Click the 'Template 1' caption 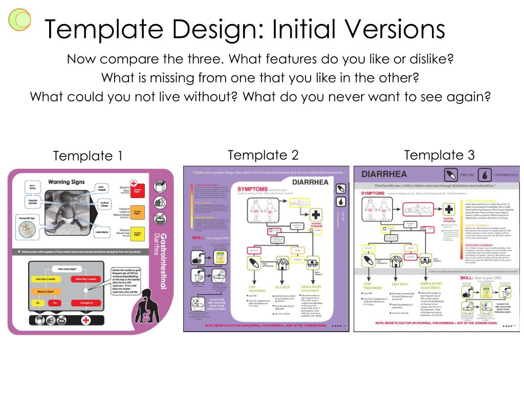pos(88,156)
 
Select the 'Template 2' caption pos(263,155)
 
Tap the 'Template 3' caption pos(439,155)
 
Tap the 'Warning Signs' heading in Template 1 pos(66,182)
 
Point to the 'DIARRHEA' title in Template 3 pos(384,174)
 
